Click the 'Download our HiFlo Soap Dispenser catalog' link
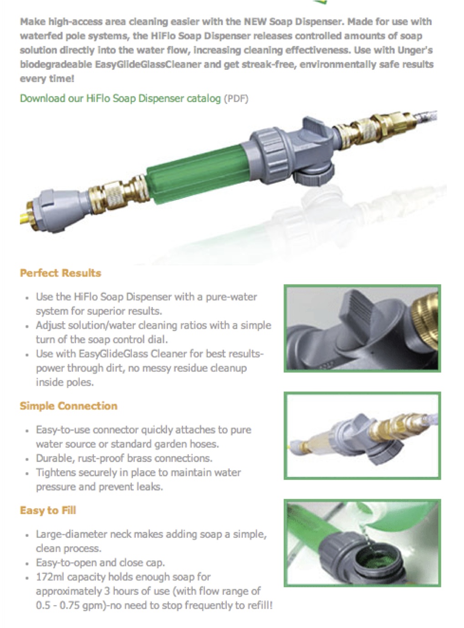(x=120, y=98)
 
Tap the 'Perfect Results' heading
(x=61, y=273)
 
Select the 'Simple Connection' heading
(x=68, y=406)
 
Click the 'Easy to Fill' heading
(x=48, y=510)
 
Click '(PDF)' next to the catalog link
(x=236, y=99)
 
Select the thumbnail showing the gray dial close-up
(x=362, y=328)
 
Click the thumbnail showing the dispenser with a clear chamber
(x=362, y=436)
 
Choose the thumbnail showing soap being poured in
(x=362, y=542)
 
